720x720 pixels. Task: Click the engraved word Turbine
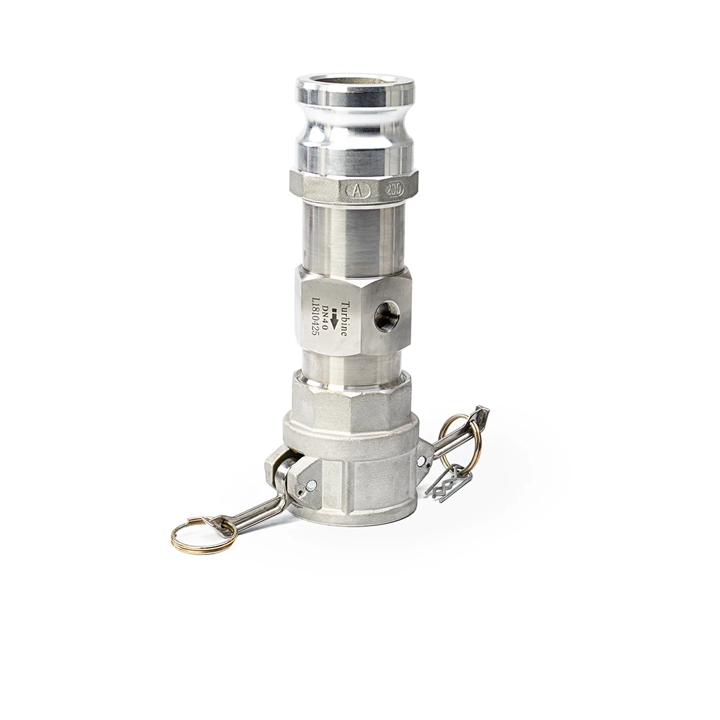344,319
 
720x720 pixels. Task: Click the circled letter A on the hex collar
355,191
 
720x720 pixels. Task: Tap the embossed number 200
395,189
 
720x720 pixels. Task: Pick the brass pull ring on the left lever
203,535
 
